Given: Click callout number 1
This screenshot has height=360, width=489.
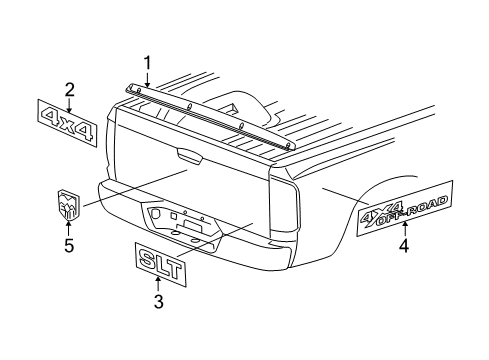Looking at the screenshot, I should pyautogui.click(x=147, y=65).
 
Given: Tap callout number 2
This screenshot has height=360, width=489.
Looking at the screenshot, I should pyautogui.click(x=69, y=90).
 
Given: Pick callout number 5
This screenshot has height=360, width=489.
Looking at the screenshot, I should pyautogui.click(x=68, y=243).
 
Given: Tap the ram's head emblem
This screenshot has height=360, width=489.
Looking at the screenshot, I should pyautogui.click(x=68, y=203).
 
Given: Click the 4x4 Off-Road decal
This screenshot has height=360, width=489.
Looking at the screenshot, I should pyautogui.click(x=405, y=207).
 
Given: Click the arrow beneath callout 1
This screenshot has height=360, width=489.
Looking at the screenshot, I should pyautogui.click(x=147, y=79).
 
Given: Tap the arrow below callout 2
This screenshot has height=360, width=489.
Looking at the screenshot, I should pyautogui.click(x=69, y=103).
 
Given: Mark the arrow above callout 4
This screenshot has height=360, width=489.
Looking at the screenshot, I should pyautogui.click(x=405, y=230).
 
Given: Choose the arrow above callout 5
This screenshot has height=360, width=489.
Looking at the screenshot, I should pyautogui.click(x=68, y=228).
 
